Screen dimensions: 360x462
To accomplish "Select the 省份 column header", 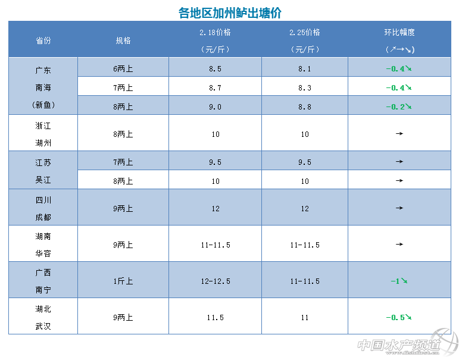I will (43, 40).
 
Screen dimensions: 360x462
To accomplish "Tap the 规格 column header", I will (123, 40).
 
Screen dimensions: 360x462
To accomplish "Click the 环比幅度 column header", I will (399, 32).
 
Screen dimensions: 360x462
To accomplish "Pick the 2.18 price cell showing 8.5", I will (215, 68).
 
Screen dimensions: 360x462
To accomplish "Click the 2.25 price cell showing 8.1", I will (304, 68).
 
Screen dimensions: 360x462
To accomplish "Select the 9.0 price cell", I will (215, 107).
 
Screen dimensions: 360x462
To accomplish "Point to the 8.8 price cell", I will (304, 107).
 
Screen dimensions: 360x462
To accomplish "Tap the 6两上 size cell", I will (123, 68).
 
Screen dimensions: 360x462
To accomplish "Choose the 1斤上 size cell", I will (123, 281).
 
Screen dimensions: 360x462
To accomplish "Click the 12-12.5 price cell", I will (215, 281).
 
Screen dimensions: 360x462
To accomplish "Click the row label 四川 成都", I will (43, 208).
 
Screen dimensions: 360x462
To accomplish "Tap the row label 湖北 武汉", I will (43, 317).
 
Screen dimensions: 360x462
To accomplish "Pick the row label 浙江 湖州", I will (43, 134).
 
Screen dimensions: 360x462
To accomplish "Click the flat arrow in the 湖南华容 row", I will (399, 245).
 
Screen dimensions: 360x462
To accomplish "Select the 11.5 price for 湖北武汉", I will (215, 317).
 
